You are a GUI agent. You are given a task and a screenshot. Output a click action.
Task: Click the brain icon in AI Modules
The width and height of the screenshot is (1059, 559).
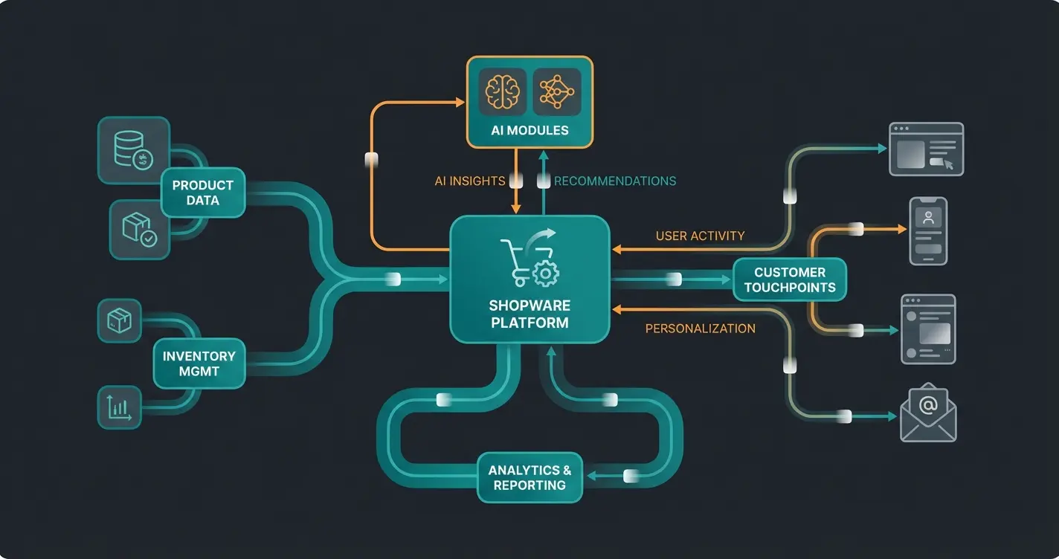(502, 92)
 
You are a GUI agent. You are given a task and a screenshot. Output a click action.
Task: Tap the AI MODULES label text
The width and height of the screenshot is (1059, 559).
(529, 131)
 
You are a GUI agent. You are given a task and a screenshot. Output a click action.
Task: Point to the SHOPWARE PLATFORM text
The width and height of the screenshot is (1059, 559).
(529, 314)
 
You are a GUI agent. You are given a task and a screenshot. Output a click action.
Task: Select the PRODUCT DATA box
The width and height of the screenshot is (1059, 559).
(203, 193)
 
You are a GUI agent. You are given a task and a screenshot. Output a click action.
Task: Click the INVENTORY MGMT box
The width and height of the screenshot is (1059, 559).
(199, 363)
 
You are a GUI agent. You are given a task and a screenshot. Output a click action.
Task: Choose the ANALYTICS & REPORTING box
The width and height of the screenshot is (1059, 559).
(529, 477)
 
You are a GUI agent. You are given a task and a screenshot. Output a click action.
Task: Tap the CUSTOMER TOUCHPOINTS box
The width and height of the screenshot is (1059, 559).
(789, 279)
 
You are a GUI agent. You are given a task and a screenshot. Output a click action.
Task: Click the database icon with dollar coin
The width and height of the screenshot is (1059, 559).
(134, 150)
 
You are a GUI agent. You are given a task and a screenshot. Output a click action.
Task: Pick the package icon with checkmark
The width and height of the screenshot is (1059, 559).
(139, 230)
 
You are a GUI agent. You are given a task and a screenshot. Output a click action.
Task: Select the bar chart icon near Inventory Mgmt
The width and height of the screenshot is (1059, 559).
(120, 407)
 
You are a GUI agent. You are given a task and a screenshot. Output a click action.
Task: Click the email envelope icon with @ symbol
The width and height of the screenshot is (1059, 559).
(927, 413)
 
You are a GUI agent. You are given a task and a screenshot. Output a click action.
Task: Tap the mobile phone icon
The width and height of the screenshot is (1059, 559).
(928, 231)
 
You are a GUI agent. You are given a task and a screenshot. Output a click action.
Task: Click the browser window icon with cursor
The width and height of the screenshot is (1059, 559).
(926, 149)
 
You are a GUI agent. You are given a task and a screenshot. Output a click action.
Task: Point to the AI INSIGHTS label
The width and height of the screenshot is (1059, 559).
(469, 181)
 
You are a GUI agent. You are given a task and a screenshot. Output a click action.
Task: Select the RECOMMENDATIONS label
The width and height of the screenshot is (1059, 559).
(615, 181)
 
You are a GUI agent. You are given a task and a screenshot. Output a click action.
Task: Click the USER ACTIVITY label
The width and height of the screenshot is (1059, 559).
(700, 236)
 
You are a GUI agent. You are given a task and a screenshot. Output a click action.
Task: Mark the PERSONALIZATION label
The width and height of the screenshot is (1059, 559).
(700, 328)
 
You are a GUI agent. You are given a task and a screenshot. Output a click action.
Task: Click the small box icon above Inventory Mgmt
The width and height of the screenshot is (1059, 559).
(119, 321)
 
